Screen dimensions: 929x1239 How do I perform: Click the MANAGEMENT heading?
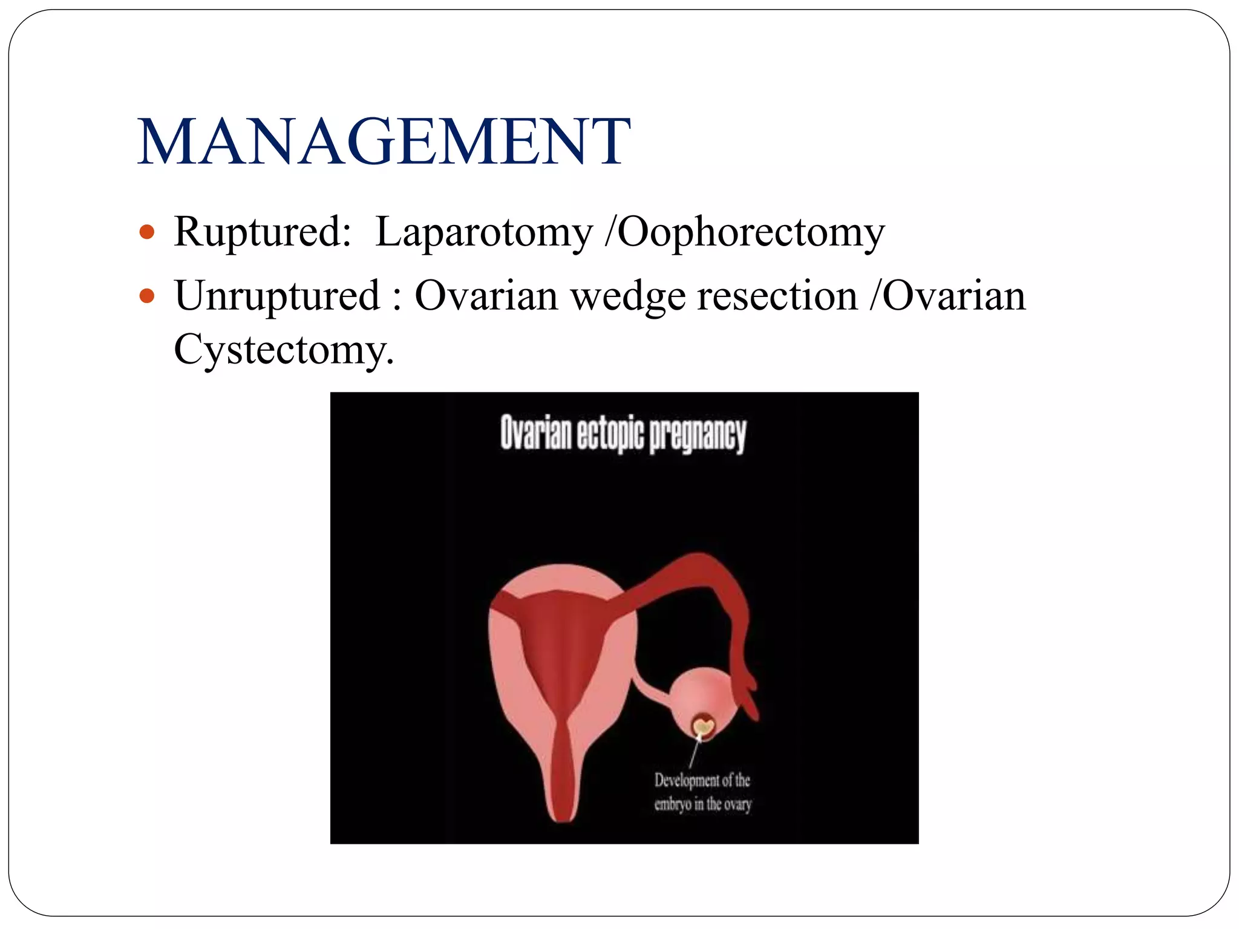pos(384,142)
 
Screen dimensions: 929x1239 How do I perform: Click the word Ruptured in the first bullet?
pos(257,232)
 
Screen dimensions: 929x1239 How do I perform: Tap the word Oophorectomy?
pos(750,233)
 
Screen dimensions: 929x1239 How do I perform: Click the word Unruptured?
pos(276,296)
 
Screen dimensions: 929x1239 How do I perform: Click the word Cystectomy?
pos(283,350)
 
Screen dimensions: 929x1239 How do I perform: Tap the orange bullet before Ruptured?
pos(147,232)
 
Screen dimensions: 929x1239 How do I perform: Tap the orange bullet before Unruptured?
pos(147,296)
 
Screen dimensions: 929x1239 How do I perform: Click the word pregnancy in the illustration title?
pos(697,434)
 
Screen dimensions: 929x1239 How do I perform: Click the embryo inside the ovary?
pos(703,723)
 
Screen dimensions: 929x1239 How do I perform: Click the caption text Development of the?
pos(702,780)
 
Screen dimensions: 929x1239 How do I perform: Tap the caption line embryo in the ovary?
pos(702,804)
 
